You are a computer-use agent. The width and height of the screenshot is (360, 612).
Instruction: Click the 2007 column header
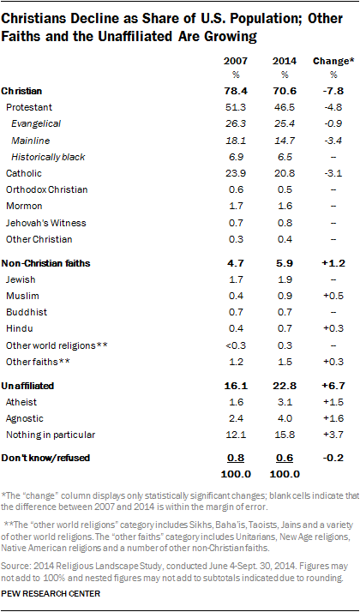tap(235, 63)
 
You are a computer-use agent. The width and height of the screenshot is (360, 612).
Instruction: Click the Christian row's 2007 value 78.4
tap(235, 90)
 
